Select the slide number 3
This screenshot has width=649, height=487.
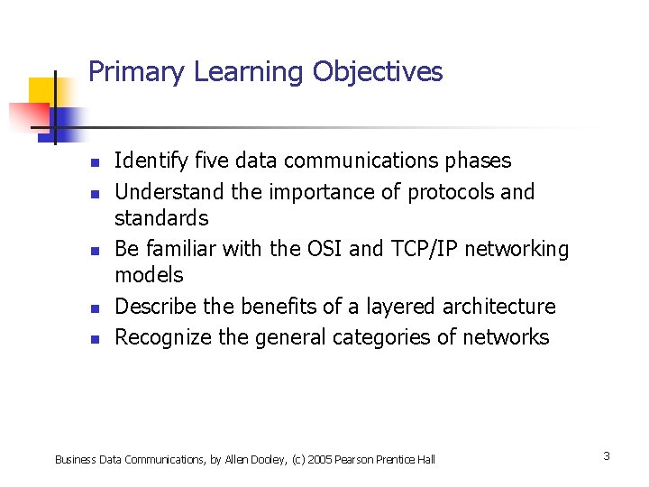607,456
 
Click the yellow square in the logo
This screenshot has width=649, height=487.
41,91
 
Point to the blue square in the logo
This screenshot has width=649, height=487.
67,119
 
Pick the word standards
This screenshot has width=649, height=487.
161,218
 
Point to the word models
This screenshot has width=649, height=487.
149,275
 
